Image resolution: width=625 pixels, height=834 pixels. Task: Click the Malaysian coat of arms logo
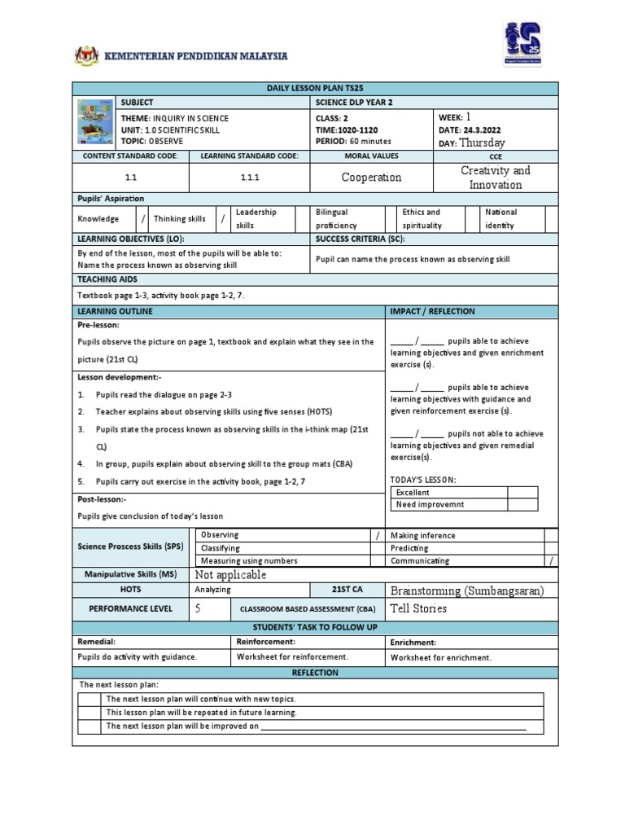coord(84,55)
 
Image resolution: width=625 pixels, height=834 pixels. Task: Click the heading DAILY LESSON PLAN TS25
coord(314,88)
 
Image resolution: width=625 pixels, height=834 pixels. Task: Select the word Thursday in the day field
coord(482,142)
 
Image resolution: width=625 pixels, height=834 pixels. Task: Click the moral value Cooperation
coord(372,178)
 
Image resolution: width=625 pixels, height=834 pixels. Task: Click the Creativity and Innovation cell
coord(495,178)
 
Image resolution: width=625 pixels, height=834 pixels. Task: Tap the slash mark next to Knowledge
coord(143,218)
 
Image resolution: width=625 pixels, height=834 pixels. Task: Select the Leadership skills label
coord(256,217)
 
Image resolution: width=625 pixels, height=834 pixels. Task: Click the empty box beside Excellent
coord(522,492)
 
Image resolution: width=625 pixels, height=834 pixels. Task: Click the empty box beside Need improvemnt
coord(522,504)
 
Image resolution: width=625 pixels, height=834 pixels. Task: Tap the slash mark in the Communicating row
coord(551,560)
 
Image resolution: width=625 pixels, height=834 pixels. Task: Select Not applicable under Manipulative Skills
coord(231,575)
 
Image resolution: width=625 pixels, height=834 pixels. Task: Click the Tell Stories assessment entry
coord(419,608)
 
